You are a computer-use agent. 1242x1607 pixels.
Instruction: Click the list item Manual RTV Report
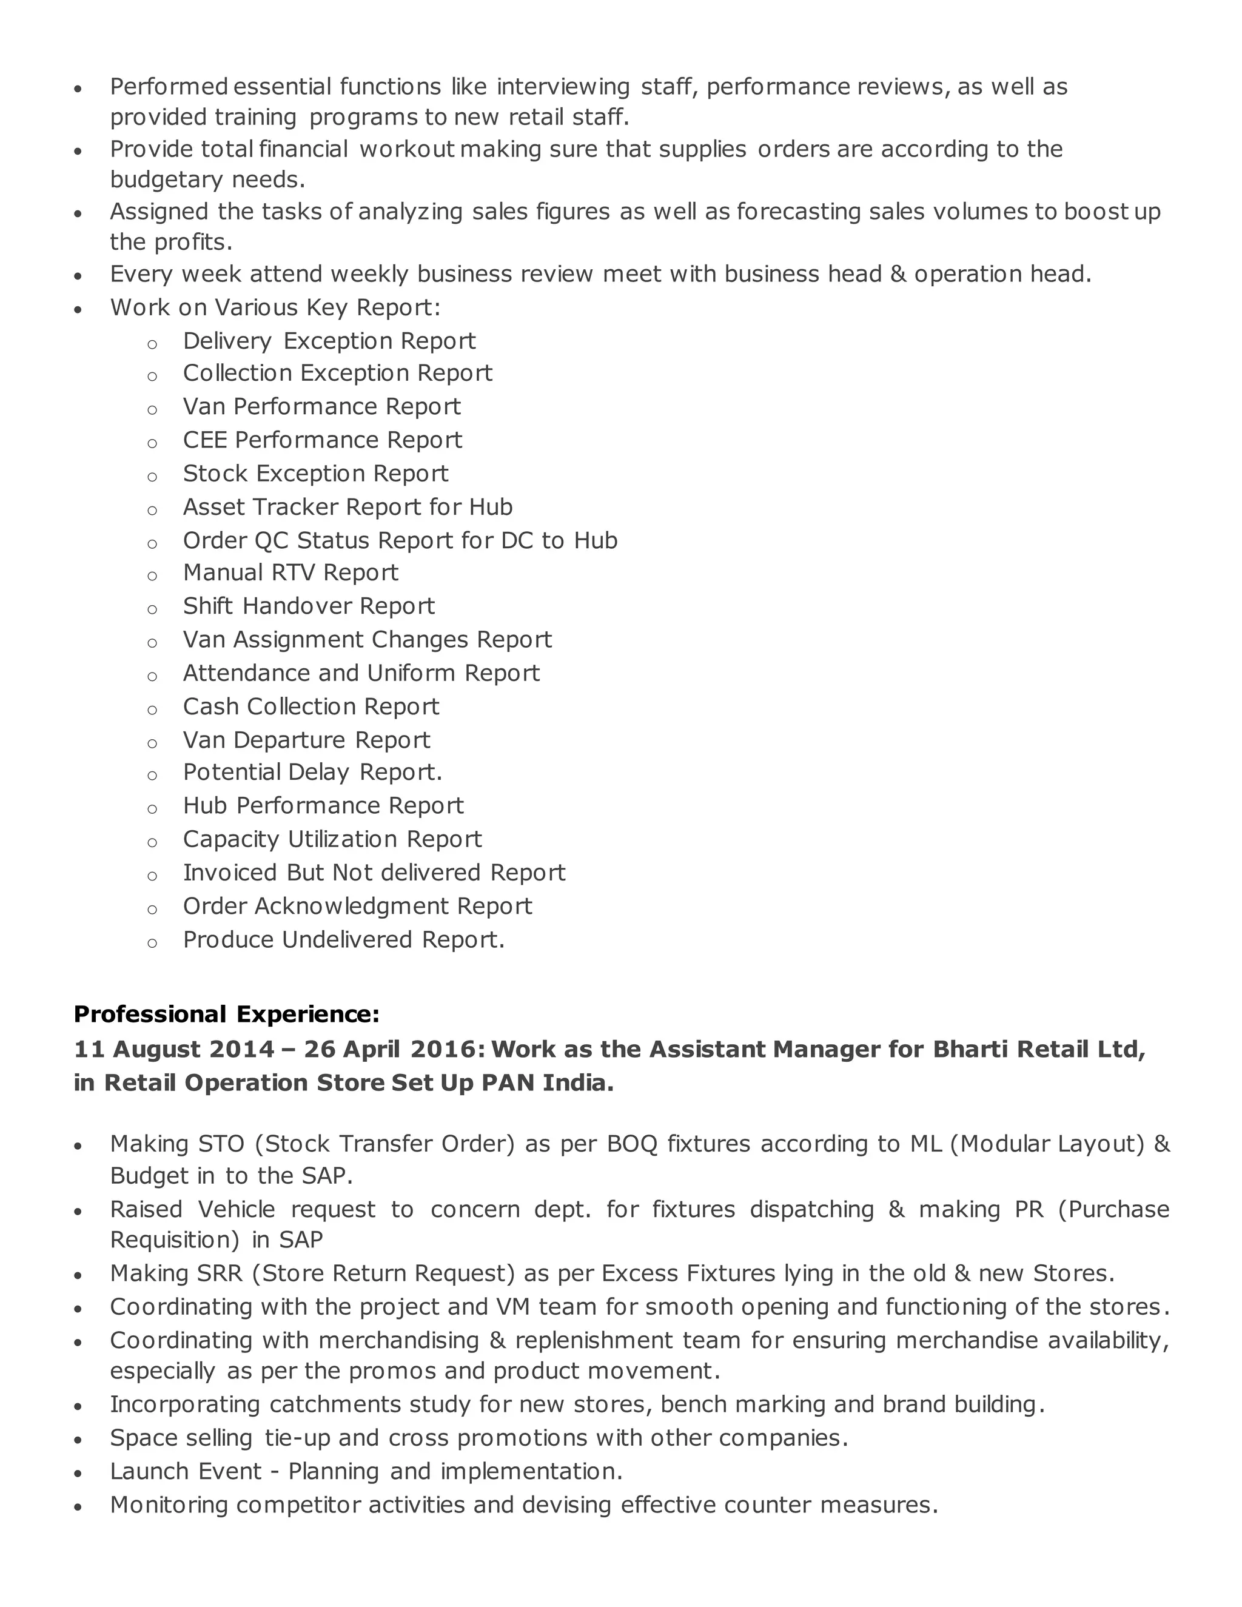coord(290,572)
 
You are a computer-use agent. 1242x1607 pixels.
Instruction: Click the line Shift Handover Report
coord(309,606)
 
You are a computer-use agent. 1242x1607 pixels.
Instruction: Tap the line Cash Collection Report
coord(310,706)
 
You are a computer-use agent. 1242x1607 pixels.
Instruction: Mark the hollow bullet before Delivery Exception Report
coord(152,344)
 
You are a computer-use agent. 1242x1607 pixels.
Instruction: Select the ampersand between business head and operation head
coord(898,275)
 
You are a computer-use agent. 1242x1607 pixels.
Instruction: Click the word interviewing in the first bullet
coord(563,87)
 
